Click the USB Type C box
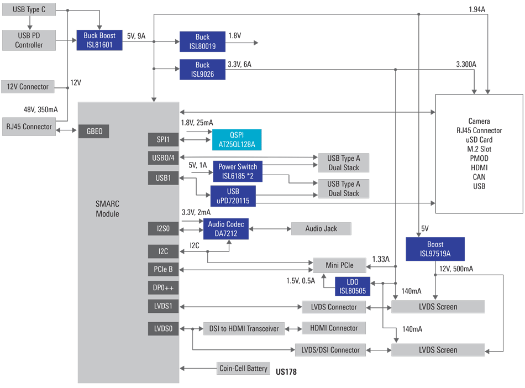28,10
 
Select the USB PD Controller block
29,40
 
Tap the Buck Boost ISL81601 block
99,40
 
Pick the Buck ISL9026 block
202,69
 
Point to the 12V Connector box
28,86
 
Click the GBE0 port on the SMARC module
95,132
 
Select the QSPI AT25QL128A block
237,140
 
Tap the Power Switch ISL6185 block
238,171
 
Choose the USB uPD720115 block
233,196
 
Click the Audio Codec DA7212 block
226,229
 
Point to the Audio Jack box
321,228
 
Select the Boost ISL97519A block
435,249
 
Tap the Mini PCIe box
339,265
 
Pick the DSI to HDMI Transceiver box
244,328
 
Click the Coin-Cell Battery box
244,369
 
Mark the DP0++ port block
164,288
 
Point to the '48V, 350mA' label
40,109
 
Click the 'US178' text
286,372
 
